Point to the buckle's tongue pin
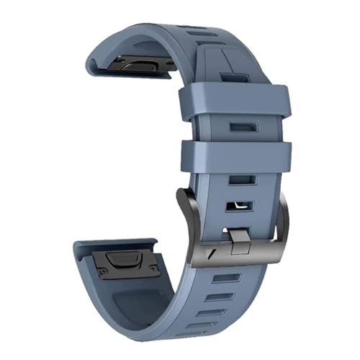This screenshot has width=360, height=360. pyautogui.click(x=240, y=235)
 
